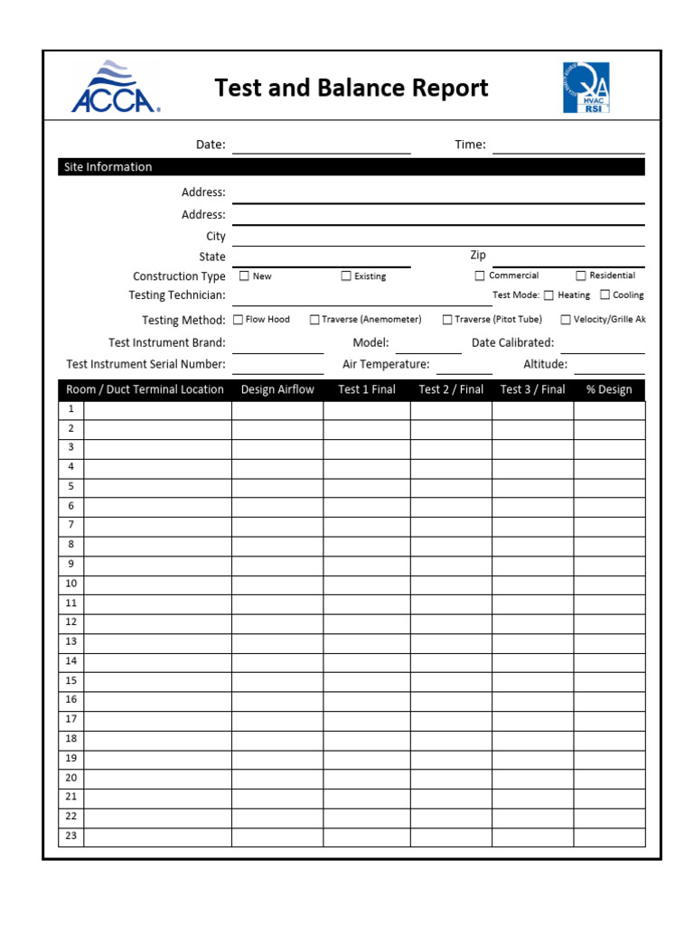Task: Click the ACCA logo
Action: pos(116,87)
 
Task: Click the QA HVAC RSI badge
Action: pos(586,88)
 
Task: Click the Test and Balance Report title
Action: pos(351,88)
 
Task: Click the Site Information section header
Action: pos(108,167)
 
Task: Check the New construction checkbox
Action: pos(244,276)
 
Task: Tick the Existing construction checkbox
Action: pos(346,276)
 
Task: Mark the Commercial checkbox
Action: pos(480,276)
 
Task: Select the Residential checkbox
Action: pos(581,276)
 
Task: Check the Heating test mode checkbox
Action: pos(549,295)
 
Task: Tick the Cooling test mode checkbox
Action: pos(605,295)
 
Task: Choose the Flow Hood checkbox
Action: pos(239,320)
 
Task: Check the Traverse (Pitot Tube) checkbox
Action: pos(447,320)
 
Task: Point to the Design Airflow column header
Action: pos(277,389)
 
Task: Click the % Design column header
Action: pos(609,389)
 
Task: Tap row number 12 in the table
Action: pos(70,622)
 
